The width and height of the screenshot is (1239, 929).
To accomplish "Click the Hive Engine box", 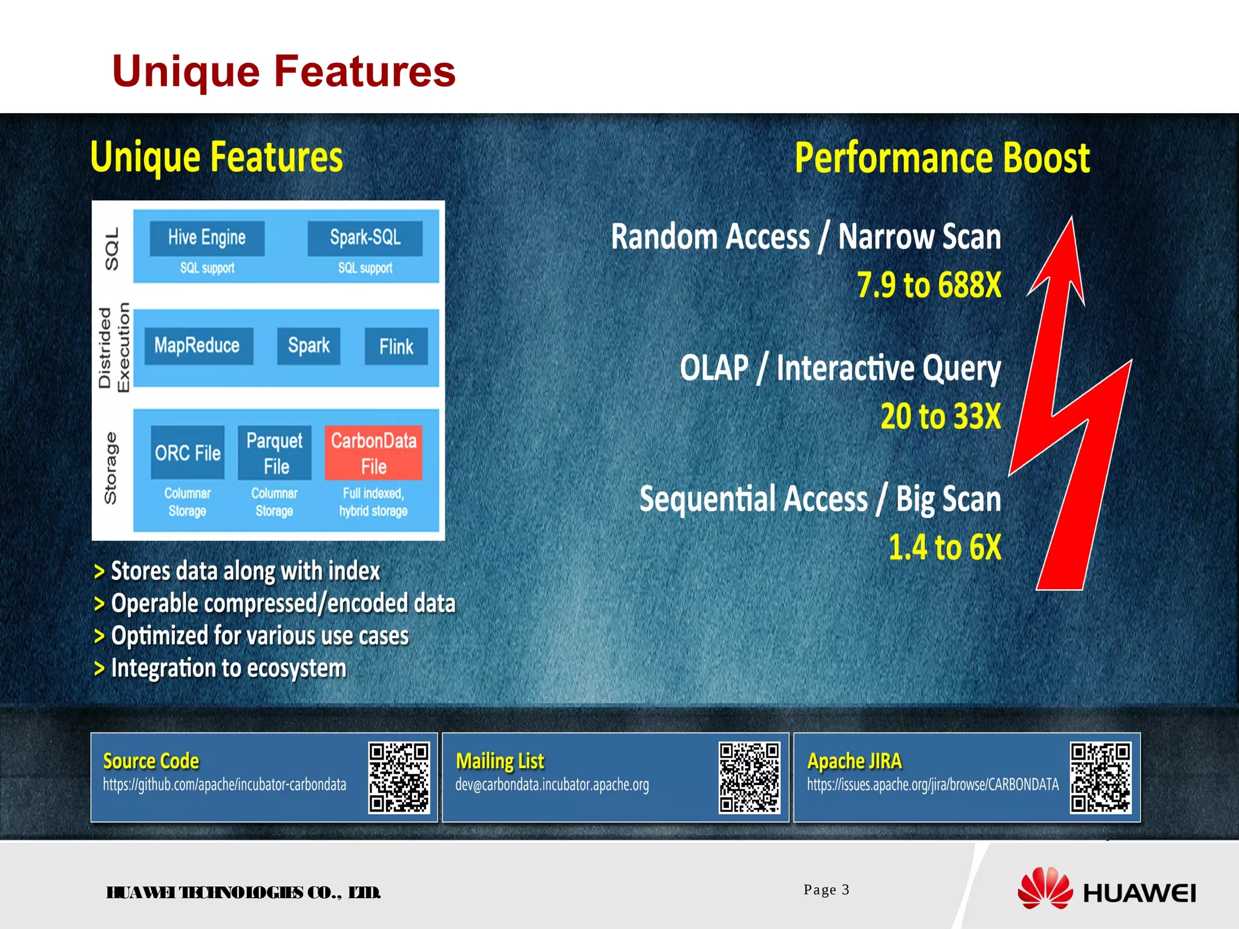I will coord(207,238).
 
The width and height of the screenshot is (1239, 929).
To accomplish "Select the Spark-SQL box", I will coord(365,238).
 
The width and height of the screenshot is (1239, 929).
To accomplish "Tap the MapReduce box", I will coord(197,346).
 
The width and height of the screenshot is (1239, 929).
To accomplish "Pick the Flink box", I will coord(396,347).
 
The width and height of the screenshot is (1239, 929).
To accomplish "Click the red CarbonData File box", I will coord(373,453).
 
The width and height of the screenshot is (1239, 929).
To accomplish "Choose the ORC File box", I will coord(188,453).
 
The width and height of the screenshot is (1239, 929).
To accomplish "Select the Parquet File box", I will coord(275,453).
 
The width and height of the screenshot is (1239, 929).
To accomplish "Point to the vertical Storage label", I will coord(111,468).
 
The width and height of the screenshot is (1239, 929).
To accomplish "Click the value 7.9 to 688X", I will coord(929,285).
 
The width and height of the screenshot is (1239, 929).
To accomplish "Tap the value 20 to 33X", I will coord(940,416).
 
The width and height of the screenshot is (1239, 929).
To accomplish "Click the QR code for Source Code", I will coord(399,778).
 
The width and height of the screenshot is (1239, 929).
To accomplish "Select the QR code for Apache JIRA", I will coord(1100,778).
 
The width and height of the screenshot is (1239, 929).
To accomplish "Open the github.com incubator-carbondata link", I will coord(224,785).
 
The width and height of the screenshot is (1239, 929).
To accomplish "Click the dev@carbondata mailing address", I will coord(552,785).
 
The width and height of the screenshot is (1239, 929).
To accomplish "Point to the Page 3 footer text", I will coord(826,890).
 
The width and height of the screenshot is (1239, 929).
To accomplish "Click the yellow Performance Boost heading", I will coord(942,158).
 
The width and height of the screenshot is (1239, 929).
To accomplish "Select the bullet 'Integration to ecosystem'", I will coord(228,668).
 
